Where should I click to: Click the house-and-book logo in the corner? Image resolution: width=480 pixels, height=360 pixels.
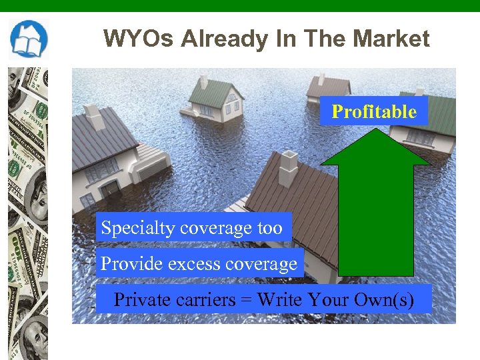point(29,39)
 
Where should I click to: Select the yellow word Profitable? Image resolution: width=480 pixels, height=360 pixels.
point(374,111)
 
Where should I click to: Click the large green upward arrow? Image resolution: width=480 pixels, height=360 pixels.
point(376,207)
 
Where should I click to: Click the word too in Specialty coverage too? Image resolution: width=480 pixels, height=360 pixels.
point(269,228)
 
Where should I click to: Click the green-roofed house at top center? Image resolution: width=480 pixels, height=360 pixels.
point(215,99)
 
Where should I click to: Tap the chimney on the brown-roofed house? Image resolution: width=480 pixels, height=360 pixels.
point(288,161)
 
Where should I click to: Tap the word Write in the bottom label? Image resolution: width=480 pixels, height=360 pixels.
point(279,300)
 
